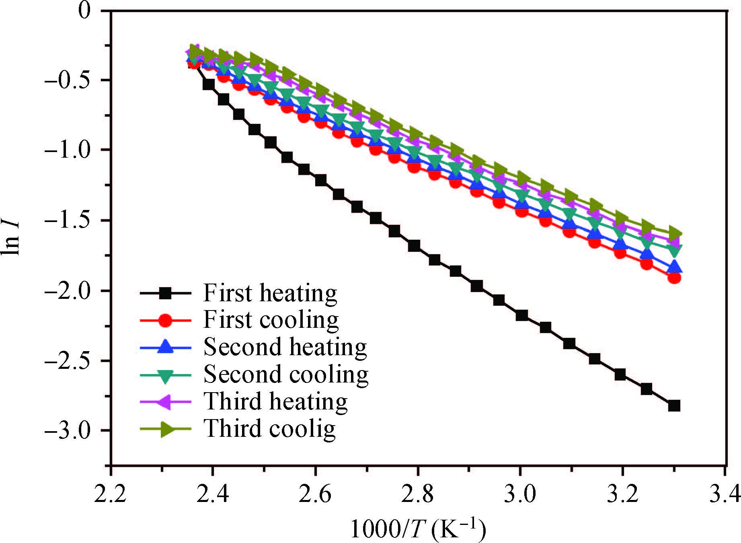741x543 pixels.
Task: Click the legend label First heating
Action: click(x=270, y=293)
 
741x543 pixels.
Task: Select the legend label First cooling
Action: click(x=271, y=320)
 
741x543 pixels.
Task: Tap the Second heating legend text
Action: click(x=285, y=347)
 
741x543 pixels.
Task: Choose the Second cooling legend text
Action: click(x=286, y=374)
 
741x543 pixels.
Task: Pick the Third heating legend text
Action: click(x=275, y=401)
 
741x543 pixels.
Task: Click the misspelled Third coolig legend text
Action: click(x=269, y=429)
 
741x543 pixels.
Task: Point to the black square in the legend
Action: click(x=165, y=294)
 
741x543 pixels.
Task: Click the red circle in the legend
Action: click(x=165, y=321)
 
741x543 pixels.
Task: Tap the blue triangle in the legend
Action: click(x=165, y=347)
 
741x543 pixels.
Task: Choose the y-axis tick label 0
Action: click(x=84, y=11)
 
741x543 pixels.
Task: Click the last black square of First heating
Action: click(x=674, y=405)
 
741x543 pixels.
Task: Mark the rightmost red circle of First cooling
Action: click(x=674, y=278)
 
